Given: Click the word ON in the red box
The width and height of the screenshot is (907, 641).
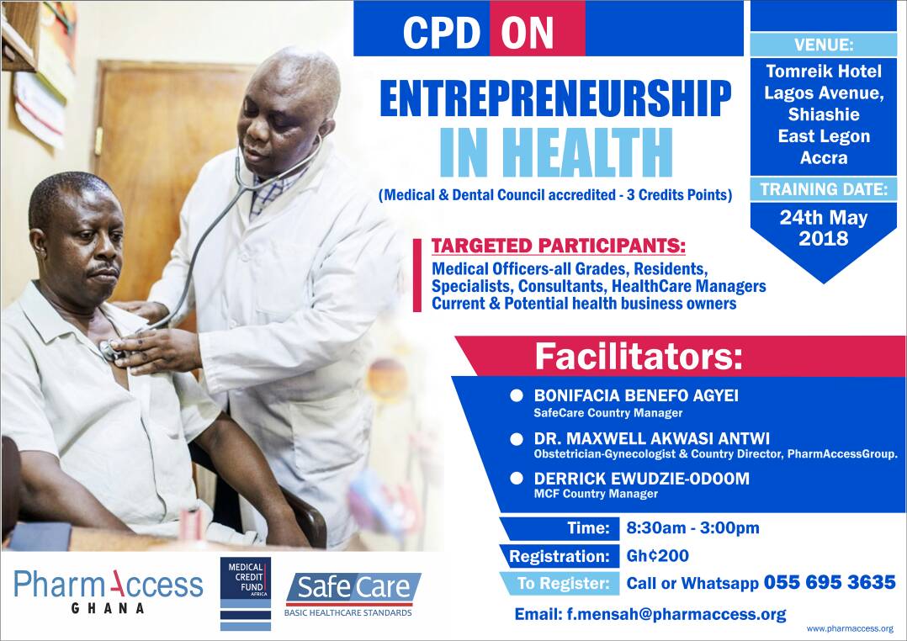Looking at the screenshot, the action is click(x=527, y=33).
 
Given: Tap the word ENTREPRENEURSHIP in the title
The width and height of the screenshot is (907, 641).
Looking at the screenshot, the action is click(x=555, y=98).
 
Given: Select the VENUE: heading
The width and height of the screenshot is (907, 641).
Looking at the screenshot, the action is click(x=824, y=45).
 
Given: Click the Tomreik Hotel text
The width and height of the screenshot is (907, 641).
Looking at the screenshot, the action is click(x=824, y=72).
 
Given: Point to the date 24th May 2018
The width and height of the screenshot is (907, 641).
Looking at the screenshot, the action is click(x=824, y=228).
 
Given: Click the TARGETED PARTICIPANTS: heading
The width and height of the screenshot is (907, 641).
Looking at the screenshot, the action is click(x=558, y=246).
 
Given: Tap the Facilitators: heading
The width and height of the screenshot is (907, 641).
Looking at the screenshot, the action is click(x=639, y=357).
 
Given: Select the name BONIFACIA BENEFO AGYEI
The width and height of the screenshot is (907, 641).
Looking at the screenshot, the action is click(x=636, y=395).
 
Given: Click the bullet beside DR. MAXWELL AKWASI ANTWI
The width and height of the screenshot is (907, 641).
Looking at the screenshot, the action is click(x=517, y=439).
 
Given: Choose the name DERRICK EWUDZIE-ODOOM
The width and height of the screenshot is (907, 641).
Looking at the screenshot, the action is click(x=641, y=479).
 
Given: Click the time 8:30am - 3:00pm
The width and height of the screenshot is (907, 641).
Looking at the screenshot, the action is click(x=693, y=527).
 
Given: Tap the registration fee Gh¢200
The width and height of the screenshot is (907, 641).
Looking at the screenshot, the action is click(x=658, y=556).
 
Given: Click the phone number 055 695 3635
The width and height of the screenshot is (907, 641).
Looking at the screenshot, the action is click(x=830, y=582).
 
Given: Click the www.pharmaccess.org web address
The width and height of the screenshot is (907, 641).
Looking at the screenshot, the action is click(x=850, y=628).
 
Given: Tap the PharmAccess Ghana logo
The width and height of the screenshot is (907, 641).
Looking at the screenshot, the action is click(x=109, y=591).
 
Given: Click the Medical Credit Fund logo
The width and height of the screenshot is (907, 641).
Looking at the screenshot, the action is click(x=246, y=594).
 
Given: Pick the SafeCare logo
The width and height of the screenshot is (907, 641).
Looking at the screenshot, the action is click(x=353, y=594).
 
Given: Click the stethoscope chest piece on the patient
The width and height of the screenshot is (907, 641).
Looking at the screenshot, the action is click(x=109, y=350).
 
